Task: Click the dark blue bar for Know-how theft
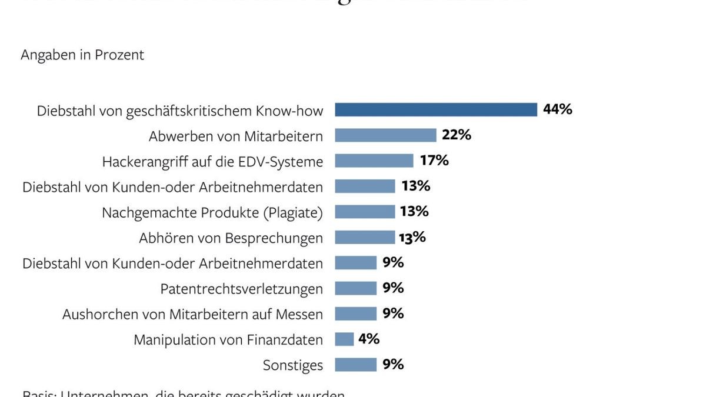(436, 110)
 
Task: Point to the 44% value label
(557, 109)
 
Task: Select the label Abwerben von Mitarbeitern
(235, 136)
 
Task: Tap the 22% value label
(457, 135)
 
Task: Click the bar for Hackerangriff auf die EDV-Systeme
(374, 161)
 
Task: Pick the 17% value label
(434, 161)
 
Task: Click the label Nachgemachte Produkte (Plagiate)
(212, 212)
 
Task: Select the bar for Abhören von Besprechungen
(365, 238)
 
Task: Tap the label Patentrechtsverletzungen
(241, 289)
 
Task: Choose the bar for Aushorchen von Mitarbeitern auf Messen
(355, 314)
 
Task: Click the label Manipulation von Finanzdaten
(228, 340)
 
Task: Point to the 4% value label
(368, 339)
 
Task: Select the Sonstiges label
(292, 365)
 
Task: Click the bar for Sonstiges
(355, 365)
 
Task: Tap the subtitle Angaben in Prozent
(82, 55)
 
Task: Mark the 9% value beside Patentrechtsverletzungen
(393, 288)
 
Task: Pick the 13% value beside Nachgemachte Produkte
(414, 212)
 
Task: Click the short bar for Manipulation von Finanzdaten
(344, 339)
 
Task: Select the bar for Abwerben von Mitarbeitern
(385, 135)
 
